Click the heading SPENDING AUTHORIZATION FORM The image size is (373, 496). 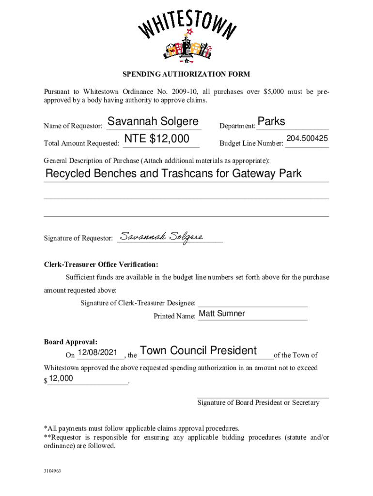tap(186, 74)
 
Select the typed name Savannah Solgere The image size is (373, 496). tap(153, 121)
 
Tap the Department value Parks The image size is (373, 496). tap(271, 121)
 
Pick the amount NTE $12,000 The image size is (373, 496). tap(156, 139)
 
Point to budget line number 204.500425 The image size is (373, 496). tap(307, 139)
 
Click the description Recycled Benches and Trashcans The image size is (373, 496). tap(173, 173)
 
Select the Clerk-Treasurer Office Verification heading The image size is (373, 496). tap(101, 264)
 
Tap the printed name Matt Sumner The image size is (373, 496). tap(222, 313)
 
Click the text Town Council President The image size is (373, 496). tap(198, 351)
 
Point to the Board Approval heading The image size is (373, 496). tap(71, 342)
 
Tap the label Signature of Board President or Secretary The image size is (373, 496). tap(258, 403)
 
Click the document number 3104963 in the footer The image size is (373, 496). tap(52, 470)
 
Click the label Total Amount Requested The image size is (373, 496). tap(81, 143)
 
